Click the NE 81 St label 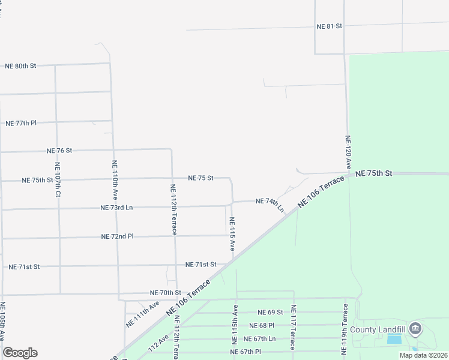(330, 26)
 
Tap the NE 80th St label (21, 65)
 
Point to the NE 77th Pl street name (21, 123)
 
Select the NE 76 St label (59, 150)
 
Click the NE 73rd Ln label (116, 208)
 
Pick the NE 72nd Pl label (118, 236)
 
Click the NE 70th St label (165, 293)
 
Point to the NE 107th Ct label (58, 180)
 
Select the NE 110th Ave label (114, 180)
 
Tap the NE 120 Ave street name (347, 152)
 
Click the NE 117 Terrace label (294, 327)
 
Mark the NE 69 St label (270, 312)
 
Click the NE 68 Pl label (266, 325)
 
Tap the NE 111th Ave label (142, 314)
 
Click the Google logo (20, 353)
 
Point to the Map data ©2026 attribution (423, 355)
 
